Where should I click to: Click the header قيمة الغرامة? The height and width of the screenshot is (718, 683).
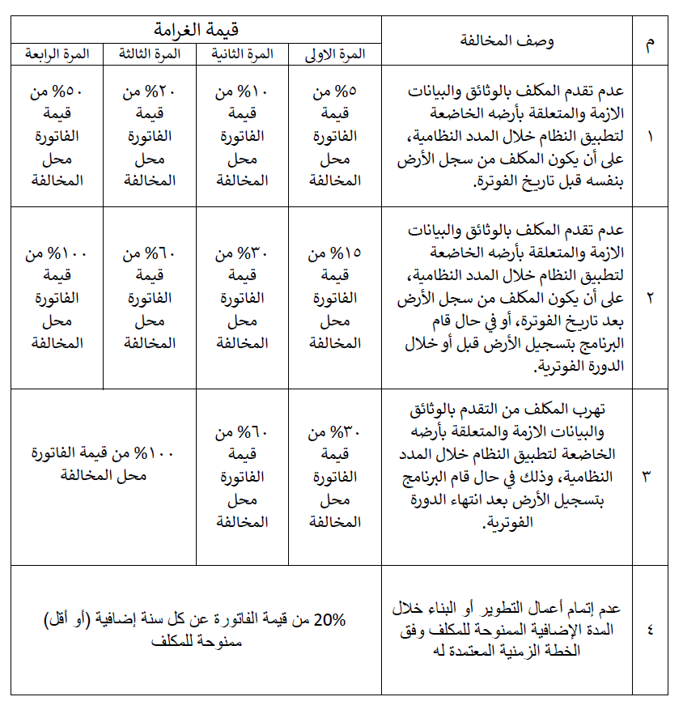[196, 30]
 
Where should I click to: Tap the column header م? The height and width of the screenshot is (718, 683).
[651, 40]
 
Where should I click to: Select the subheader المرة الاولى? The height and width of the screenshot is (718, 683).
[335, 54]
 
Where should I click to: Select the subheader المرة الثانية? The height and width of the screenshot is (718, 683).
[243, 54]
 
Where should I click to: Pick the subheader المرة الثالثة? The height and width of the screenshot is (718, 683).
[150, 54]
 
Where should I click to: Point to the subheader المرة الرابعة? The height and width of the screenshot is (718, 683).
[57, 54]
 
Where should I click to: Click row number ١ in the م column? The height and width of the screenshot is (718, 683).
[651, 136]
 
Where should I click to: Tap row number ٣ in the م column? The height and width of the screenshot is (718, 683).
[651, 476]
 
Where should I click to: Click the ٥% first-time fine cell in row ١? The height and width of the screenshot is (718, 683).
[335, 136]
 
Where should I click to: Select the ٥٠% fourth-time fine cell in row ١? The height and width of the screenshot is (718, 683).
[57, 136]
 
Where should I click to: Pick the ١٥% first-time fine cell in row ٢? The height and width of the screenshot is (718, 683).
[335, 297]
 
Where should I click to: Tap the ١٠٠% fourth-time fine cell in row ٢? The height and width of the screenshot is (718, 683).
[57, 297]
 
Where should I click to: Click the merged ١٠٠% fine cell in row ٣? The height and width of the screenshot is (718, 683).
[104, 464]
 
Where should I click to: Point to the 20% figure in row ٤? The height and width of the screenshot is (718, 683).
[329, 621]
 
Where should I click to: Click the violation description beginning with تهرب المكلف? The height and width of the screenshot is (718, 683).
[507, 465]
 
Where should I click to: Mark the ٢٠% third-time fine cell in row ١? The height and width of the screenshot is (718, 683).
[150, 136]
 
